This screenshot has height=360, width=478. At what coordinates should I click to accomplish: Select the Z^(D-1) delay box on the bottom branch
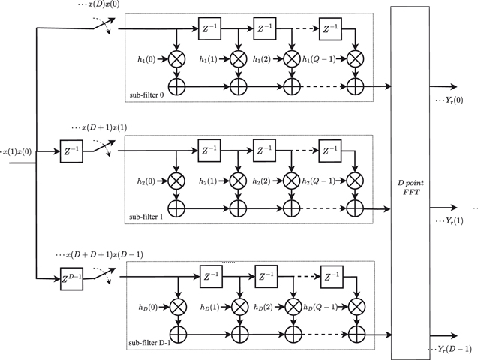click(72, 280)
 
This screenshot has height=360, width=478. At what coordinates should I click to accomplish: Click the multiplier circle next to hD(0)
click(178, 305)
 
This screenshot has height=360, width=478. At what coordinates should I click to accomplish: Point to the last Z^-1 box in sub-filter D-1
click(332, 277)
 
